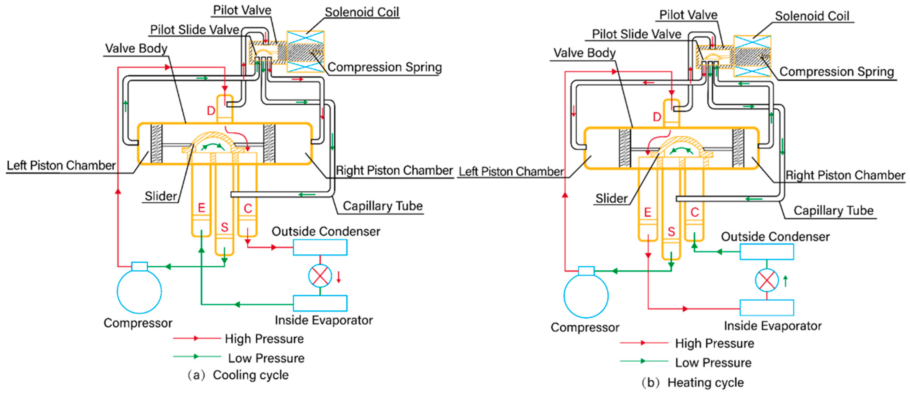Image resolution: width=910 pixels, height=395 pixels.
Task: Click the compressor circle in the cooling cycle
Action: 139,291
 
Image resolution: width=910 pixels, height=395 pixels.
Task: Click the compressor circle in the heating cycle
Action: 586,296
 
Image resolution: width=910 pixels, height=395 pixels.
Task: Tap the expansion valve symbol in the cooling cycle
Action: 320,276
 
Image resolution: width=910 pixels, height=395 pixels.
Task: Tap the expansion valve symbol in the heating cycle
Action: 767,281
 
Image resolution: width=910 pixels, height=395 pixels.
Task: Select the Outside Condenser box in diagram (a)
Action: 320,247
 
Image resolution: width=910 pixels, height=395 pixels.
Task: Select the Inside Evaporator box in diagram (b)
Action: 767,308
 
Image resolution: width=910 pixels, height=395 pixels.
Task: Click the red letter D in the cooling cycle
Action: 211,111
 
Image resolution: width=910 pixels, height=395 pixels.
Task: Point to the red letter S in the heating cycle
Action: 671,232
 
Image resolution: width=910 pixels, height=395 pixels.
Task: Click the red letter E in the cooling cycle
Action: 201,207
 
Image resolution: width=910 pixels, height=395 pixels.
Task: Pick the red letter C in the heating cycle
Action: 695,212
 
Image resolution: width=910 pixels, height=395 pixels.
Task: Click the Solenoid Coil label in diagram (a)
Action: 362,12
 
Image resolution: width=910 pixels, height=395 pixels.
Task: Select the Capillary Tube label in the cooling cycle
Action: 383,206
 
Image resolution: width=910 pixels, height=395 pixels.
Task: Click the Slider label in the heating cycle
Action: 611,199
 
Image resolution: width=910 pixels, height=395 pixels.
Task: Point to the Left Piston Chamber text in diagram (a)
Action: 61,165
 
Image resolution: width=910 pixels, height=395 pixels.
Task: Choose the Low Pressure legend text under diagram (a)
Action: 266,358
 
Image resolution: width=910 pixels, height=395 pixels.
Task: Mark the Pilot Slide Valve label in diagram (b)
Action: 636,34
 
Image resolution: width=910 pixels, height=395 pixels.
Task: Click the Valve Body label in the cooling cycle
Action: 136,48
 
